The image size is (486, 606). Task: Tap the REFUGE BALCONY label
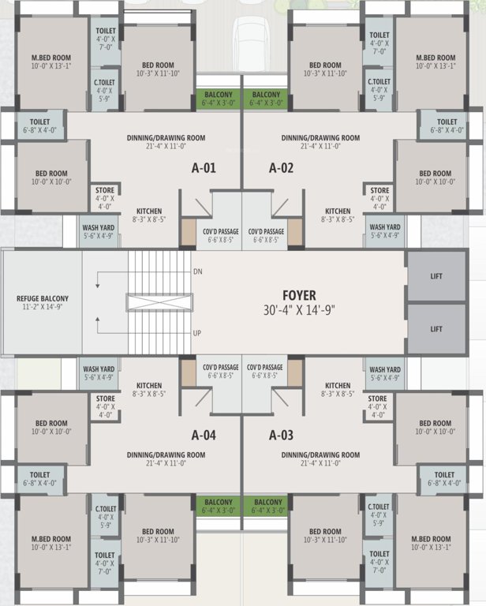pos(43,298)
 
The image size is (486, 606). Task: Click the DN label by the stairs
pos(197,271)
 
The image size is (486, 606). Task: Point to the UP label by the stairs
pos(197,333)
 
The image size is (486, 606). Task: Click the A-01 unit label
pos(204,168)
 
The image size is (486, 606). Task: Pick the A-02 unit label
pos(281,168)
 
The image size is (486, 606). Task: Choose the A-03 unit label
pos(281,435)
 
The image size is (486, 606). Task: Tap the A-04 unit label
pos(204,435)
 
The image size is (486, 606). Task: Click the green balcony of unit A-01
pos(218,99)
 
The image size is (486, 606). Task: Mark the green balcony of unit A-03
pos(268,506)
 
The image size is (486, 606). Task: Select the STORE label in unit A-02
pos(380,190)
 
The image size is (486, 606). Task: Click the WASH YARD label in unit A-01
pos(99,227)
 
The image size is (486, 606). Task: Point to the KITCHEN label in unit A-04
pos(148,386)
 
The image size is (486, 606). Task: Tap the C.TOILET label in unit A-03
pos(378,507)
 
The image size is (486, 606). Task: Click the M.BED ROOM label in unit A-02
pos(436,58)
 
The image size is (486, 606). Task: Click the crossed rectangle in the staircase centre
pos(159,301)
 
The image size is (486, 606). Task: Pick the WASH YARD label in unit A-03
pos(385,369)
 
